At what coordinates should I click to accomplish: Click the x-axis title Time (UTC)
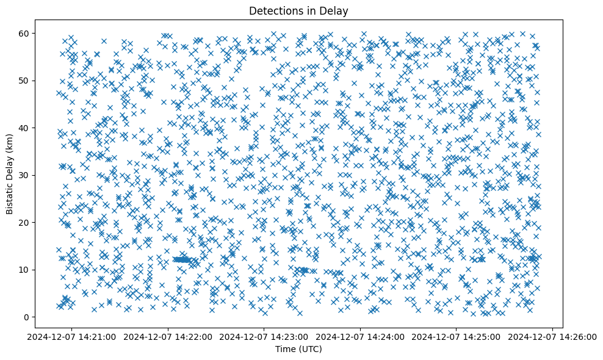click(x=298, y=349)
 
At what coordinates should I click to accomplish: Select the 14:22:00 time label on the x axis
click(x=168, y=336)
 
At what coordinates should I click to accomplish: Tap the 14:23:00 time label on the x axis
click(x=264, y=336)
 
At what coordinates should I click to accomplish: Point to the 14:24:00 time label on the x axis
click(x=360, y=336)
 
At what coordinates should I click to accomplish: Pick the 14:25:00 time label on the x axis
click(x=457, y=336)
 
